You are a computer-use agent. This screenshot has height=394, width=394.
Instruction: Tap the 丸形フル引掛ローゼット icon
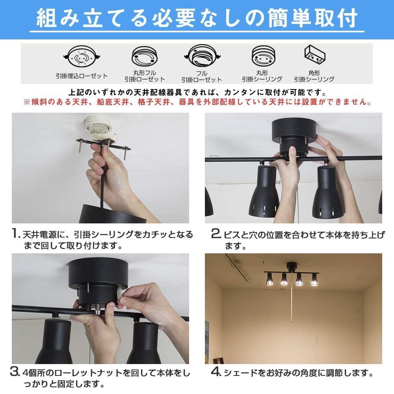coord(144,57)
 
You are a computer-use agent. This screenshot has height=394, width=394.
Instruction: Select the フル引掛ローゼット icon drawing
coord(201,58)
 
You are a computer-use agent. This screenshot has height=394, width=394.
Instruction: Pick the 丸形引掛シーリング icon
coord(262,58)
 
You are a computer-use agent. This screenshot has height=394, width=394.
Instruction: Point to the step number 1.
coord(15,234)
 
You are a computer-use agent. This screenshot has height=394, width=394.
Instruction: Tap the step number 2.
coord(216,234)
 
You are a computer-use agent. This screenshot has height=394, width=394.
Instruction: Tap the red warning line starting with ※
coord(197,102)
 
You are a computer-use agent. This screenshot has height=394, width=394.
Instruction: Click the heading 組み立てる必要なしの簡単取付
coord(197,19)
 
